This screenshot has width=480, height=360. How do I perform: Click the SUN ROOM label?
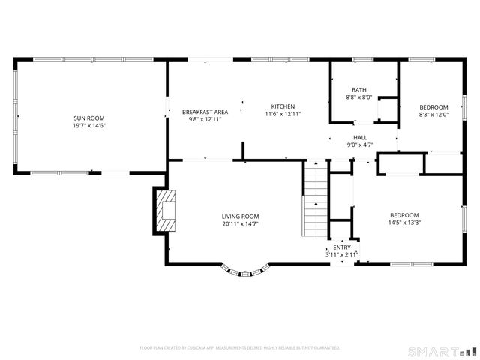[89, 118]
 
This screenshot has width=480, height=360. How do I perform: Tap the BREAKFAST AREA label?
[205, 112]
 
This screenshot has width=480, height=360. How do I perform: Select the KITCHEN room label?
[283, 106]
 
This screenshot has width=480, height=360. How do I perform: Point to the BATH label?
[358, 90]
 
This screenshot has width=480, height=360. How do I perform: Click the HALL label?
[360, 138]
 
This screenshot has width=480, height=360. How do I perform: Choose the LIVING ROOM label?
[240, 216]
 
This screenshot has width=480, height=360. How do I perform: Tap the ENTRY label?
[341, 247]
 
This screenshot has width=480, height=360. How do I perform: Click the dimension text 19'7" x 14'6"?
[89, 126]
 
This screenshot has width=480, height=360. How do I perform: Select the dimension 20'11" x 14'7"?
[240, 224]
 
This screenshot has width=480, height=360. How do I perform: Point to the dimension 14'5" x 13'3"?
[403, 223]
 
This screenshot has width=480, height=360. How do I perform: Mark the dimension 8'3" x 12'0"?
[433, 115]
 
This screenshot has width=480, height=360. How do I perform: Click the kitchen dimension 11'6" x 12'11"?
[283, 114]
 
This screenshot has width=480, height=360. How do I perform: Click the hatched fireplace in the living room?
[165, 210]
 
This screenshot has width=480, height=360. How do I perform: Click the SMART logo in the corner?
[441, 351]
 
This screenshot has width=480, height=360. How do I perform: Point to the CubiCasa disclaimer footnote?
[240, 348]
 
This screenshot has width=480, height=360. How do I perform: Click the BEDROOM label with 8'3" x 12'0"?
[433, 106]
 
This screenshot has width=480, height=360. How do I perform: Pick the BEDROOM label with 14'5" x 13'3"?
[403, 215]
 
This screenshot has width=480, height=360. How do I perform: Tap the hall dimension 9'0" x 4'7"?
[360, 145]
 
